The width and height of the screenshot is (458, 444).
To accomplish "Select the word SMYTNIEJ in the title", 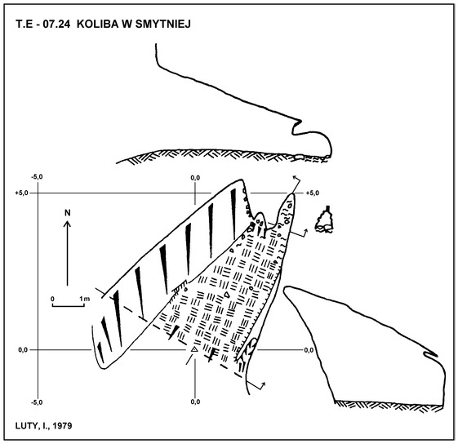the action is click(163, 24).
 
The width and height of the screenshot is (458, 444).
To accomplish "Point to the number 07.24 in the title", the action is click(56, 24).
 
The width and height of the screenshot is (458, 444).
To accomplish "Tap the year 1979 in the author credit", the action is click(62, 426).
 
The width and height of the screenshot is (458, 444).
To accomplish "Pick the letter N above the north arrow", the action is click(68, 213).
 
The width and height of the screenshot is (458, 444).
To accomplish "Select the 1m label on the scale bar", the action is click(85, 299).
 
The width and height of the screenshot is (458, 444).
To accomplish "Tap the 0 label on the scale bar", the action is click(52, 299).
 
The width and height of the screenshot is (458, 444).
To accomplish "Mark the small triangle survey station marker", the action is click(194, 349).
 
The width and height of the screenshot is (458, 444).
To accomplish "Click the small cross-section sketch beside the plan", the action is click(324, 220).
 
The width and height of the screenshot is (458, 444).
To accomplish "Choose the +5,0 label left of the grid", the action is click(21, 193).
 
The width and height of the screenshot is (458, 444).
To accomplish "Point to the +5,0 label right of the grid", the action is click(313, 193).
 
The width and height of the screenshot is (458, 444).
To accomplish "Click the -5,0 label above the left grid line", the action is click(37, 177).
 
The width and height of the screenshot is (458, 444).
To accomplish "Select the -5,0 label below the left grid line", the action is click(37, 402).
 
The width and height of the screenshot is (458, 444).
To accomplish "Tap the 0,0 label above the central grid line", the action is click(195, 178).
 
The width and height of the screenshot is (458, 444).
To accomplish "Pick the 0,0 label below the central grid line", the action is click(195, 402).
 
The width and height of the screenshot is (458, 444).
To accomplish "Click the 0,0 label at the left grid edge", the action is click(23, 349).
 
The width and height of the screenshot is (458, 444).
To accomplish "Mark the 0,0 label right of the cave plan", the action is click(309, 349).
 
